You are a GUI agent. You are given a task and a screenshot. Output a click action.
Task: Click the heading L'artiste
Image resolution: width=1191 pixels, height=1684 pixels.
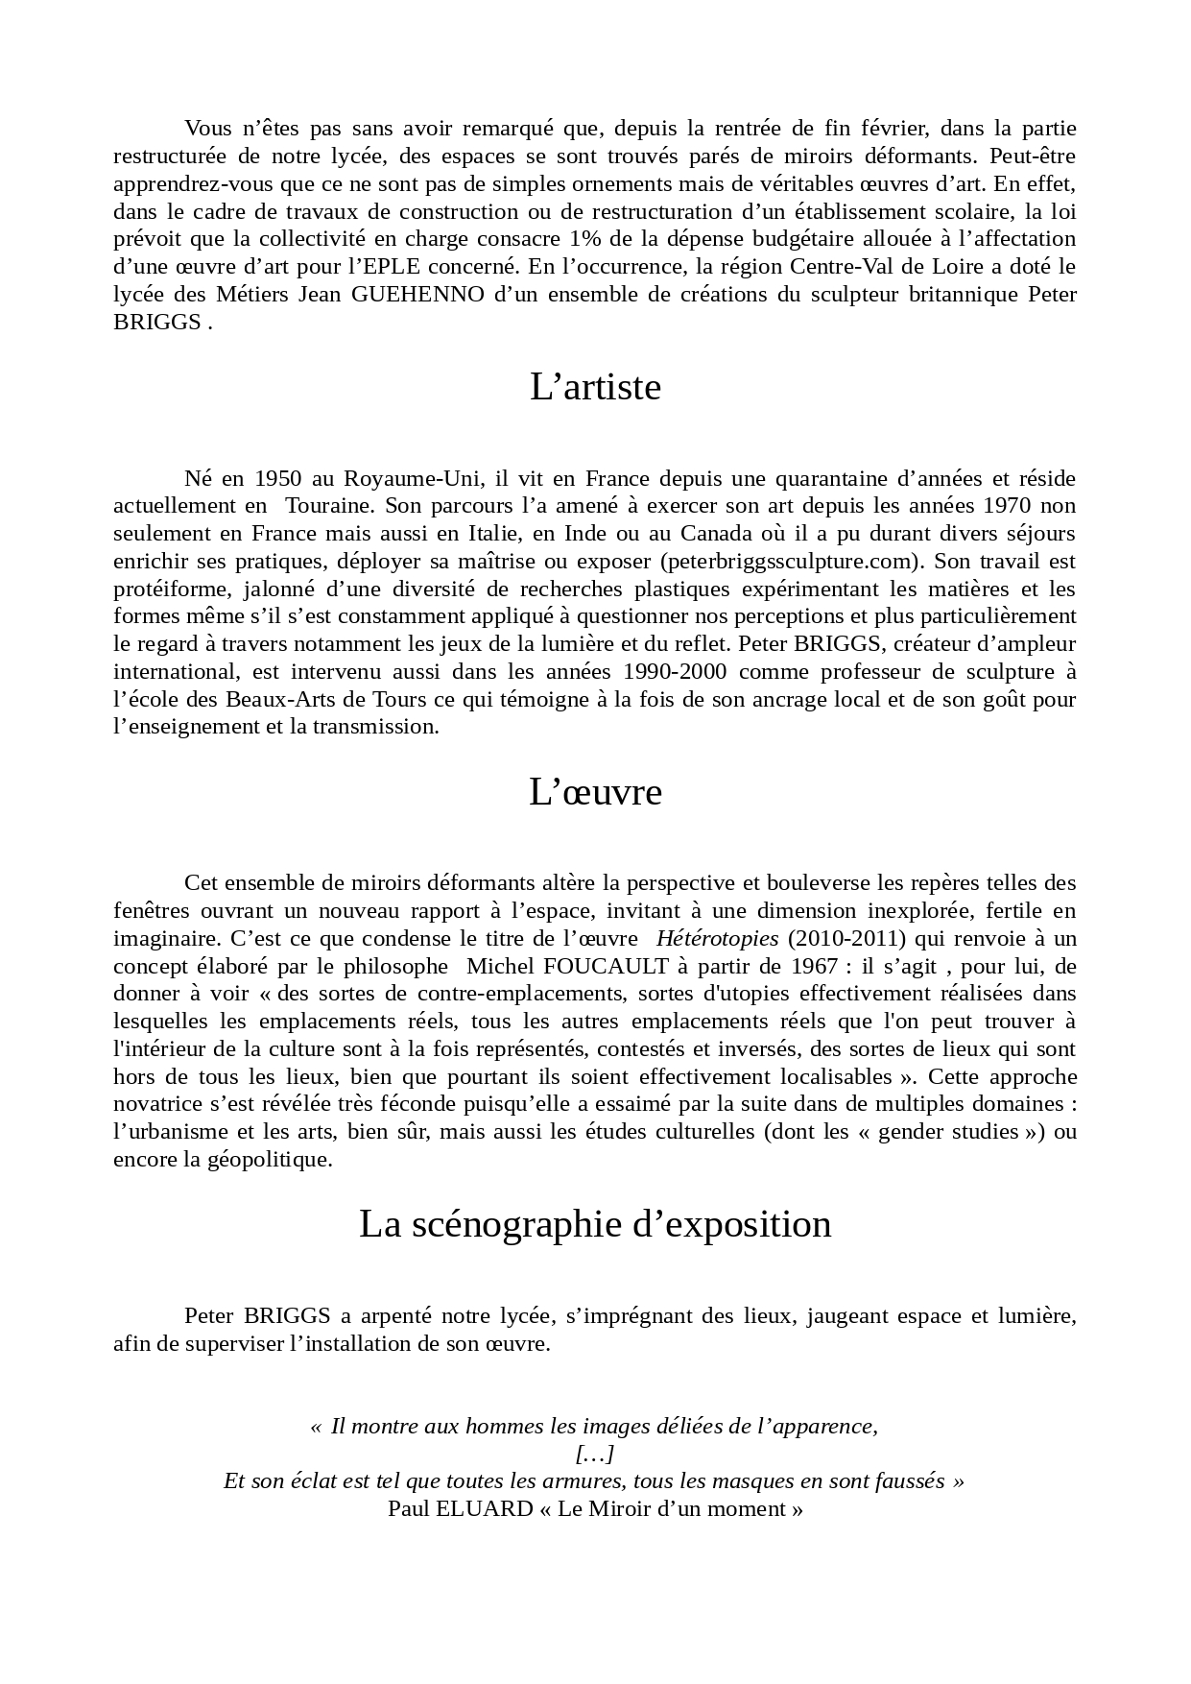pos(595,387)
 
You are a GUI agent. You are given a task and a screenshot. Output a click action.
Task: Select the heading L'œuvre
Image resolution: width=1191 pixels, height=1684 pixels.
pos(595,792)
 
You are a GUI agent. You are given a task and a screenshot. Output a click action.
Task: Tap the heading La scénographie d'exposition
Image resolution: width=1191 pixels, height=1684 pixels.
pos(595,1224)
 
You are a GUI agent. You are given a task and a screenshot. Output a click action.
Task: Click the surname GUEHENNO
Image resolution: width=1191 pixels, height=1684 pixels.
pos(417,294)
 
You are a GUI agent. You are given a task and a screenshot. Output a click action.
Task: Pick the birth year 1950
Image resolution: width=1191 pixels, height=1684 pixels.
pos(278,478)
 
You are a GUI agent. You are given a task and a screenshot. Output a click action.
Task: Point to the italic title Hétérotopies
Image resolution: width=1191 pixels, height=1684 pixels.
pos(718,938)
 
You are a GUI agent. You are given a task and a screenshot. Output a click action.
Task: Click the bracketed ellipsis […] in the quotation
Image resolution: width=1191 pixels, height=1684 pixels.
pos(595,1454)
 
